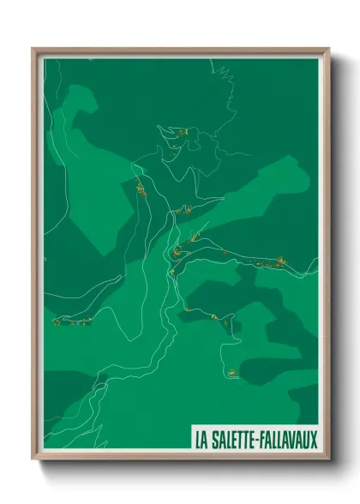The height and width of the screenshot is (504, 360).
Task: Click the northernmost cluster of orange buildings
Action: coord(181,131)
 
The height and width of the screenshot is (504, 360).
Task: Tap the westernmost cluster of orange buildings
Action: coord(58,322)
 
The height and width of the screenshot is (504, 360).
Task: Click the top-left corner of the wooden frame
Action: coord(33,49)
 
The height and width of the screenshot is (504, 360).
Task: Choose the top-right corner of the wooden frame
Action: coord(328,49)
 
